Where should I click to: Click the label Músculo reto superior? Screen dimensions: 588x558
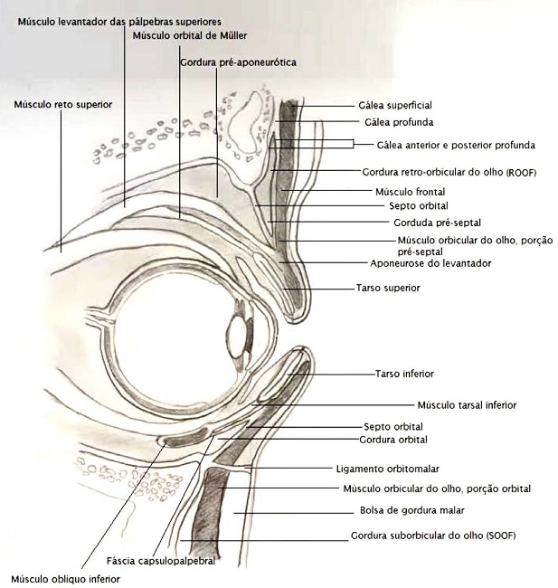(x=62, y=105)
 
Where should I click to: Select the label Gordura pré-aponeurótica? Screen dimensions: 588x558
(x=239, y=62)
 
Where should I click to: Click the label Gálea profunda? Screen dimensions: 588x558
(x=398, y=121)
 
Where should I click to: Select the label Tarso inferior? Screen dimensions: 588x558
(x=404, y=373)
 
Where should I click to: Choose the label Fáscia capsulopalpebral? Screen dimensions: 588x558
(x=161, y=561)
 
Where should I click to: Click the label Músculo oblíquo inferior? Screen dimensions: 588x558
(x=65, y=578)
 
